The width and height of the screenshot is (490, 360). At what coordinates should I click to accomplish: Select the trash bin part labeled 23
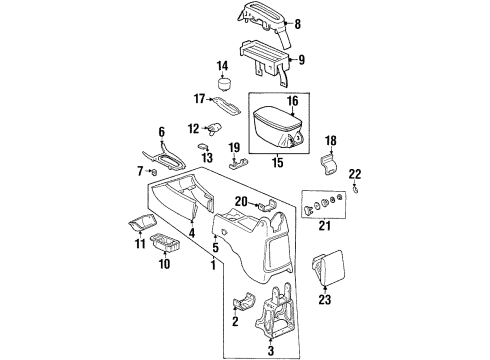click(x=330, y=270)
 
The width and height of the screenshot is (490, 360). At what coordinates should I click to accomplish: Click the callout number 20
click(x=240, y=201)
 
